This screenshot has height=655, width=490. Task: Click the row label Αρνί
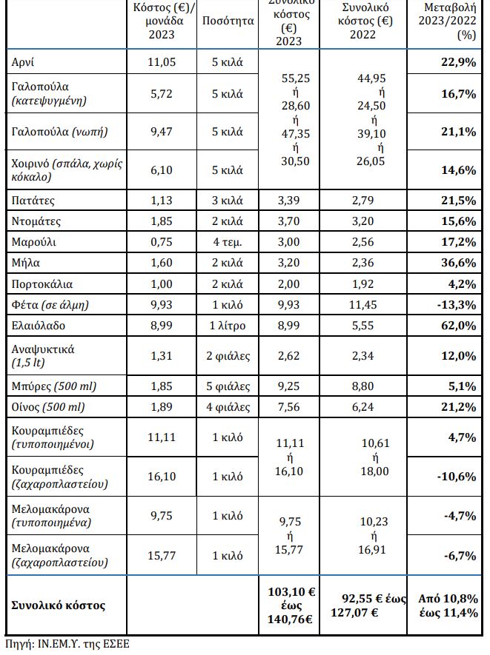pos(23,62)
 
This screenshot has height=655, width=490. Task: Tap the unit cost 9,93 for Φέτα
pos(162,305)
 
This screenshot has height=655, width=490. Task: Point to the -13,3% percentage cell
pos(457,305)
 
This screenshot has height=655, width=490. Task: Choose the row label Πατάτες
pos(33,201)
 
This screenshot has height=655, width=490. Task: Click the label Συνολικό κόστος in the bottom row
pos(59,605)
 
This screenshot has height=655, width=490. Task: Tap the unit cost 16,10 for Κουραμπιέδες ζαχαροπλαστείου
pos(162,477)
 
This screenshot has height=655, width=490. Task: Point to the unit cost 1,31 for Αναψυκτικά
pos(162,355)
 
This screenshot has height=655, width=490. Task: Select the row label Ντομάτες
pos(36,221)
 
